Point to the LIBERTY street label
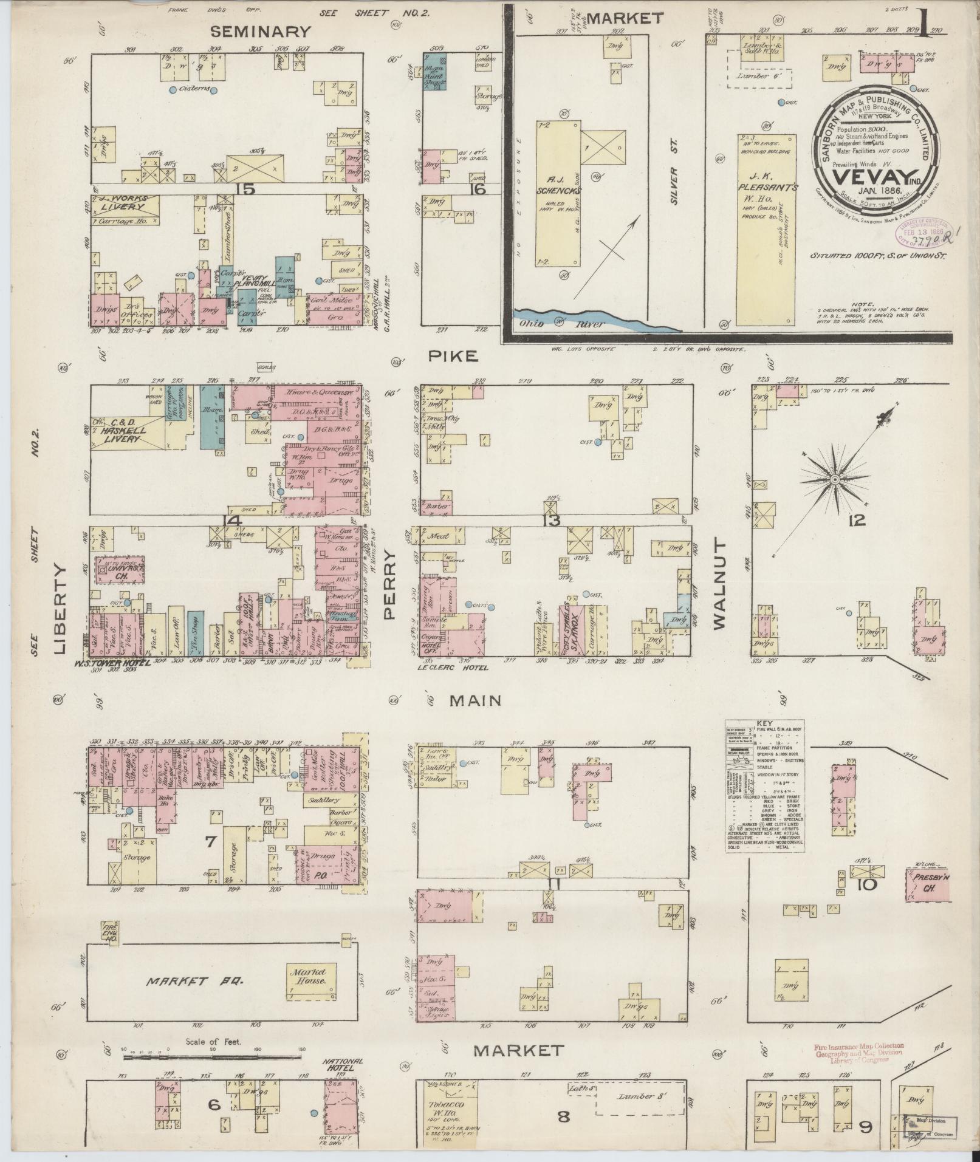[x=60, y=610]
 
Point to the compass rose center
[x=835, y=479]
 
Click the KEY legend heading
[x=764, y=723]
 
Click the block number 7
[x=211, y=841]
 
